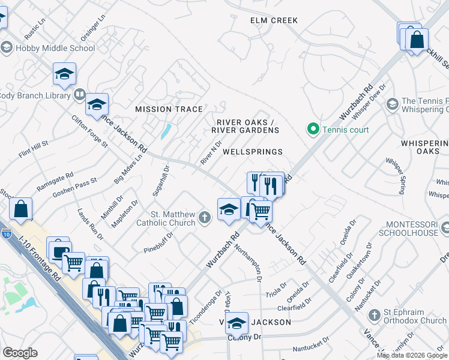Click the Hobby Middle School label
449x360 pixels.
pyautogui.click(x=54, y=48)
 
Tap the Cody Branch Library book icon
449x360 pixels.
pyautogui.click(x=79, y=95)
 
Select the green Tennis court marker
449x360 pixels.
pyautogui.click(x=313, y=129)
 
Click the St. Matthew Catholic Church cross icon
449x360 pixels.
pyautogui.click(x=205, y=218)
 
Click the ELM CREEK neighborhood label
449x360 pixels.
pyautogui.click(x=274, y=20)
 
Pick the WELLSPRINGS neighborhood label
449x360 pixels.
pyautogui.click(x=252, y=152)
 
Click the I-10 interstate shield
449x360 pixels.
pyautogui.click(x=5, y=233)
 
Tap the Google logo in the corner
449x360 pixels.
pyautogui.click(x=20, y=353)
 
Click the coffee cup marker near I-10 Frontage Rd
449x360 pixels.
pyautogui.click(x=59, y=251)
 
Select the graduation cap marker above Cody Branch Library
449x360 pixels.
pyautogui.click(x=64, y=73)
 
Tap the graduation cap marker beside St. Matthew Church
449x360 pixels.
pyautogui.click(x=228, y=209)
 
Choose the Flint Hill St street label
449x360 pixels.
pyautogui.click(x=33, y=146)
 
